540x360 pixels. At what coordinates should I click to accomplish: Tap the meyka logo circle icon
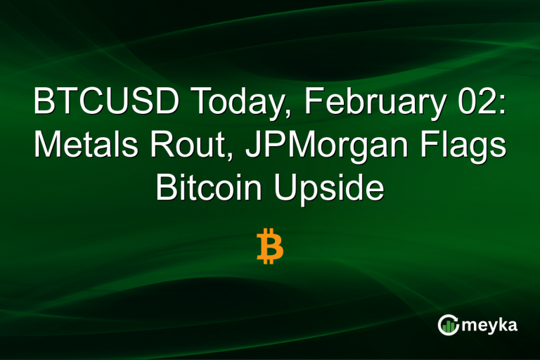[x=448, y=324]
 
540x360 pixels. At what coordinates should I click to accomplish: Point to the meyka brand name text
[x=490, y=324]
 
